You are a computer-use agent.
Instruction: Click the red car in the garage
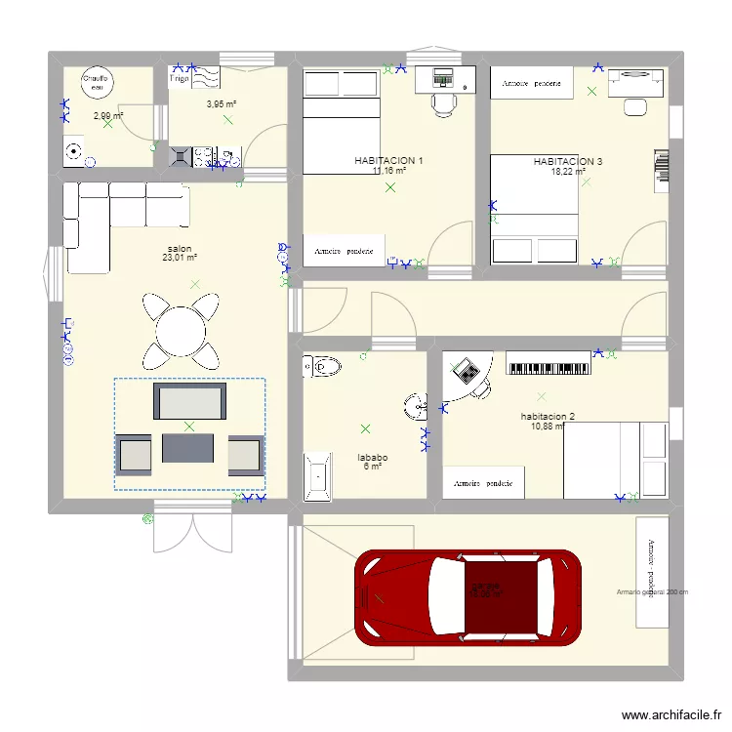[468, 597]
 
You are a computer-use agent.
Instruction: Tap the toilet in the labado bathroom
[322, 366]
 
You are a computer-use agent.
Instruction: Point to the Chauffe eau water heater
[97, 84]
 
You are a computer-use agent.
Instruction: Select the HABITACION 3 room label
[567, 161]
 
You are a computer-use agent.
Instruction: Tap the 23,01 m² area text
[181, 259]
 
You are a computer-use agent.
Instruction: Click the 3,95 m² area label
[222, 103]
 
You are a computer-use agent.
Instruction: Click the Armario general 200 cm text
[652, 591]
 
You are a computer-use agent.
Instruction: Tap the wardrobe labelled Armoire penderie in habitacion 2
[484, 482]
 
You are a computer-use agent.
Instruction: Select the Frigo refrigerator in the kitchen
[183, 79]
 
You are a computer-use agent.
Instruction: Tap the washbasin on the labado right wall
[417, 402]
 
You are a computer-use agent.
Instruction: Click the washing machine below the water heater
[74, 151]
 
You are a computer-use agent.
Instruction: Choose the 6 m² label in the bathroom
[373, 467]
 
